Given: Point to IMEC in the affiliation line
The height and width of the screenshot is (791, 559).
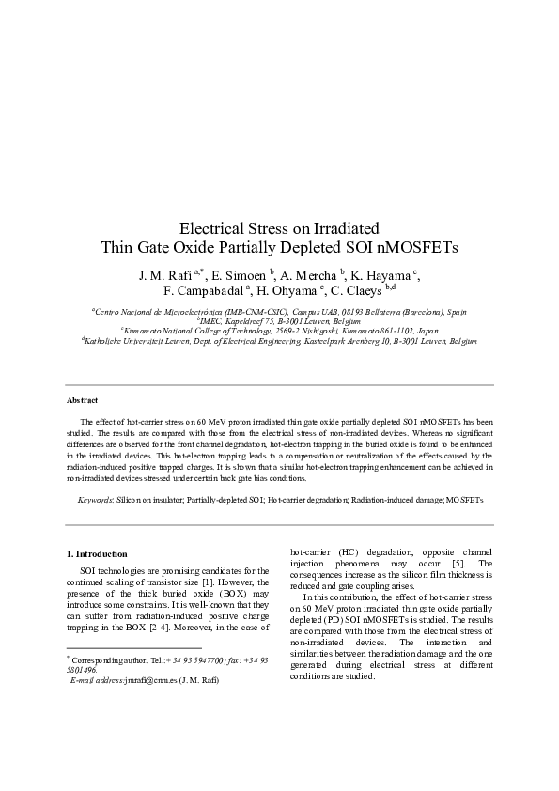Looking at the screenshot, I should pyautogui.click(x=211, y=320).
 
